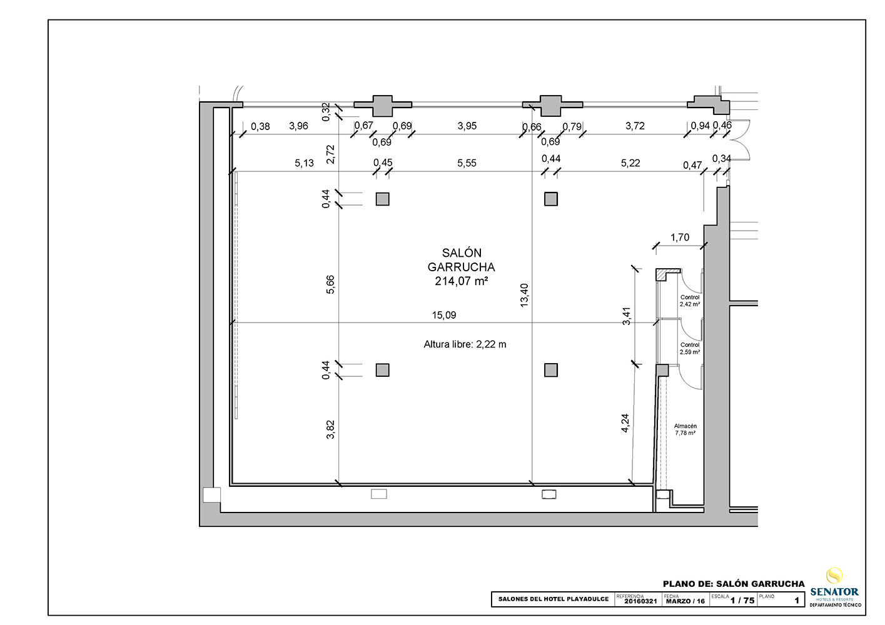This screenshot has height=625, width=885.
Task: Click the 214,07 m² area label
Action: click(461, 281)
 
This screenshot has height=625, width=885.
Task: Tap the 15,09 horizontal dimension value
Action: click(444, 315)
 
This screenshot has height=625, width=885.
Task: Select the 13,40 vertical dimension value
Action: click(524, 295)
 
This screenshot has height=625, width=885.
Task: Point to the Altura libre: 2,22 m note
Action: click(465, 344)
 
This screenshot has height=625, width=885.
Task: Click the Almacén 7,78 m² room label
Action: click(685, 429)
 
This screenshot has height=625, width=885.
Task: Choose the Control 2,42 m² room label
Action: click(690, 301)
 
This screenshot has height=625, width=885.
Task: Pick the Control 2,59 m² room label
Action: click(690, 348)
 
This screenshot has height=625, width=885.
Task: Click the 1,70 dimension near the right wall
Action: click(680, 237)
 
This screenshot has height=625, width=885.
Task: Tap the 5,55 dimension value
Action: click(467, 163)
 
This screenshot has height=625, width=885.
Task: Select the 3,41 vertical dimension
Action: click(627, 316)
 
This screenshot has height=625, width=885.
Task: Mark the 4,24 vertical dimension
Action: click(625, 423)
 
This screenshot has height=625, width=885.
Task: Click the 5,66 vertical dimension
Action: click(330, 284)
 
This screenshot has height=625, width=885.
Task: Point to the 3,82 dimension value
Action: click(330, 429)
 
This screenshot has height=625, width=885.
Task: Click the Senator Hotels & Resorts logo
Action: click(835, 592)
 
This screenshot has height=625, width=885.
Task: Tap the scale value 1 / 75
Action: click(742, 601)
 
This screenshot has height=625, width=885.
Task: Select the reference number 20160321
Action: click(640, 601)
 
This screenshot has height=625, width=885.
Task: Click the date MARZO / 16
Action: click(685, 601)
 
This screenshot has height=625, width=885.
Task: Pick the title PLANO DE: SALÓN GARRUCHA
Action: click(734, 584)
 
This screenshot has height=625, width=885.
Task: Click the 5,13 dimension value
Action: click(304, 163)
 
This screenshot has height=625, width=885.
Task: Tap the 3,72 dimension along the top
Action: click(635, 126)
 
